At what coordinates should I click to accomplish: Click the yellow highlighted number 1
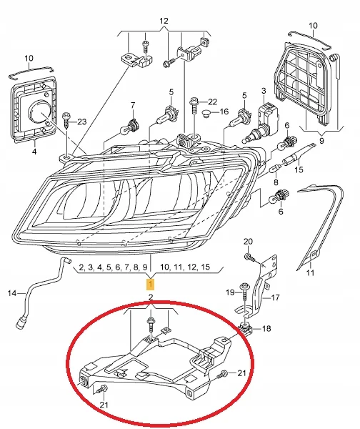pyautogui.click(x=150, y=285)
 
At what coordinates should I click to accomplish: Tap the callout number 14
pyautogui.click(x=12, y=293)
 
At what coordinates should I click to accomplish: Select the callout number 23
pyautogui.click(x=81, y=122)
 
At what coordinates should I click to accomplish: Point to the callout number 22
pyautogui.click(x=212, y=102)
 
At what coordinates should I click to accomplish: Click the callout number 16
pyautogui.click(x=224, y=112)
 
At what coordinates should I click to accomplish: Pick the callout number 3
pyautogui.click(x=264, y=91)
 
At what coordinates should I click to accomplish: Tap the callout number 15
pyautogui.click(x=299, y=169)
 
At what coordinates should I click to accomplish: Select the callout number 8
pyautogui.click(x=276, y=182)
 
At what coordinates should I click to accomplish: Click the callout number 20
pyautogui.click(x=248, y=242)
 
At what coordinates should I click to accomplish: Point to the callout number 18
pyautogui.click(x=266, y=328)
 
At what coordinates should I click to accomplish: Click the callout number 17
pyautogui.click(x=276, y=297)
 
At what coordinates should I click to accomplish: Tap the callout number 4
pyautogui.click(x=34, y=152)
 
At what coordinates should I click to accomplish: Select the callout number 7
pyautogui.click(x=133, y=105)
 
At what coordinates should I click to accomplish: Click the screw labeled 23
pyautogui.click(x=66, y=120)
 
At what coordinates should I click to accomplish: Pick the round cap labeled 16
pyautogui.click(x=207, y=113)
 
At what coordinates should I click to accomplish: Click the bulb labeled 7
pyautogui.click(x=130, y=127)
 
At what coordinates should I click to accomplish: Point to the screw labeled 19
pyautogui.click(x=244, y=292)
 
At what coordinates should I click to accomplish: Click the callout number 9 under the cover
pyautogui.click(x=321, y=141)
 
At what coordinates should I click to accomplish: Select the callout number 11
pyautogui.click(x=310, y=272)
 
